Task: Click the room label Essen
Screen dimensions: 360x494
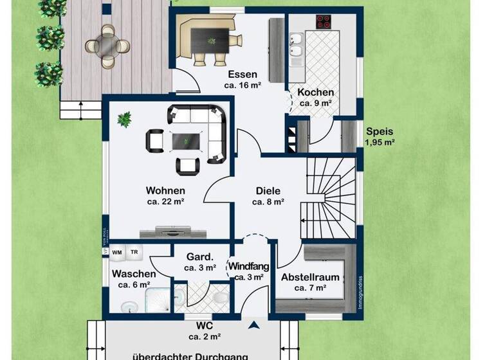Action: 242,73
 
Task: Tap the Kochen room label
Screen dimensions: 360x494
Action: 315,92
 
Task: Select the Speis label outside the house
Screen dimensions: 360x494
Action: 380,130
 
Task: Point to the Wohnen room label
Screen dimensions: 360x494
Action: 165,190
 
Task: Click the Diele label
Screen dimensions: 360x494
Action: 268,190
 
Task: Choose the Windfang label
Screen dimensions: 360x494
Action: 248,266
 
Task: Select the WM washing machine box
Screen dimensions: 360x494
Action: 118,253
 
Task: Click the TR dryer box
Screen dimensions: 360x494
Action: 135,253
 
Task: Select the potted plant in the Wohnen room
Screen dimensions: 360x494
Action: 124,118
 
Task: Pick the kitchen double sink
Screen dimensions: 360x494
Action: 297,51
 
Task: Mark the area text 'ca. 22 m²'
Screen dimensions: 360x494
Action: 165,202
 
